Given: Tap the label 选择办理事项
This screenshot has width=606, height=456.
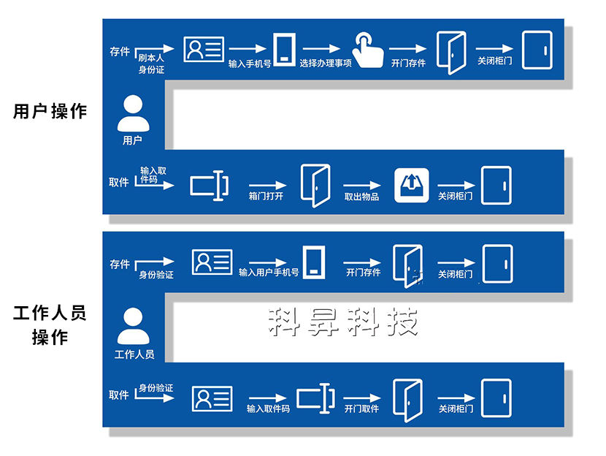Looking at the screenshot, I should (326, 64).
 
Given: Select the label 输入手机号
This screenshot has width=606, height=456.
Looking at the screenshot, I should (250, 64).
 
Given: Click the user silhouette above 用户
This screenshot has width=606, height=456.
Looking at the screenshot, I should (132, 115).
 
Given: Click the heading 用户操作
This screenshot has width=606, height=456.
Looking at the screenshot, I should (50, 111).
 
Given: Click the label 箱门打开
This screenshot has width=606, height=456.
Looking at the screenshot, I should (266, 197).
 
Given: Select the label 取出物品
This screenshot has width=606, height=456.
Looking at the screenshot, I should (361, 197).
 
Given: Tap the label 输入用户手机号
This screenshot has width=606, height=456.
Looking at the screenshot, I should (269, 273).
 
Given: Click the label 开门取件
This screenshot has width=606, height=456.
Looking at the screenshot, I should (361, 408).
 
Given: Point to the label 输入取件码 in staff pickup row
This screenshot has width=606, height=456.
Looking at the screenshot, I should (268, 408).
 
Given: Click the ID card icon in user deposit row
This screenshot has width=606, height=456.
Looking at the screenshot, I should (204, 49).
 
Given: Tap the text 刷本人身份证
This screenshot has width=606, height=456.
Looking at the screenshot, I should (151, 64).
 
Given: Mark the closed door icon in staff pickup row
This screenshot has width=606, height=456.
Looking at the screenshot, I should (496, 398).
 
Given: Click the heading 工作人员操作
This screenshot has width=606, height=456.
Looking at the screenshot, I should (50, 326).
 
